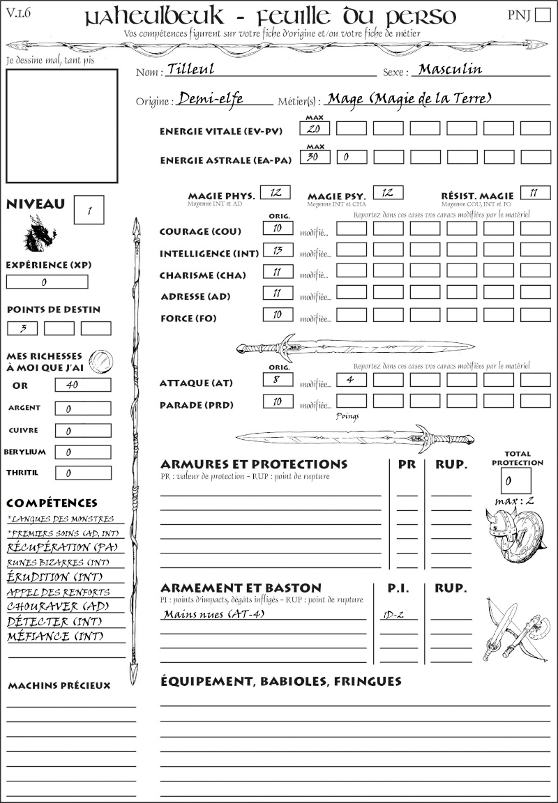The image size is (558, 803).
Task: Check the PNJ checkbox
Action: coord(541,15)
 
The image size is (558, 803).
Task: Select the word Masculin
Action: coord(450,69)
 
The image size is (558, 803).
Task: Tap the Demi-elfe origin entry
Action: coord(211,99)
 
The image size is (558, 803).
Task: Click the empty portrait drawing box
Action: coord(61,125)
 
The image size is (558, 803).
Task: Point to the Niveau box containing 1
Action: coord(89,210)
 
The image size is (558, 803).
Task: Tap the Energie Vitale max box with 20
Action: coord(315,128)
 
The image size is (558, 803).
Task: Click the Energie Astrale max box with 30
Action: coord(315,157)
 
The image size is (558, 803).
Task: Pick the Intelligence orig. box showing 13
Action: coord(278,250)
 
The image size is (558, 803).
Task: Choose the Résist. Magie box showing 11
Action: coord(535,192)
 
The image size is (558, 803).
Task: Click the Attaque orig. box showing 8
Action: coord(278,380)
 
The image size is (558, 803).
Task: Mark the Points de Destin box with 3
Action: coord(22,328)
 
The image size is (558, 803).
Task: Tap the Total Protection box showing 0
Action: coord(515,480)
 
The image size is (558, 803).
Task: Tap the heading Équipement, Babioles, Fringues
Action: coord(281,681)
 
